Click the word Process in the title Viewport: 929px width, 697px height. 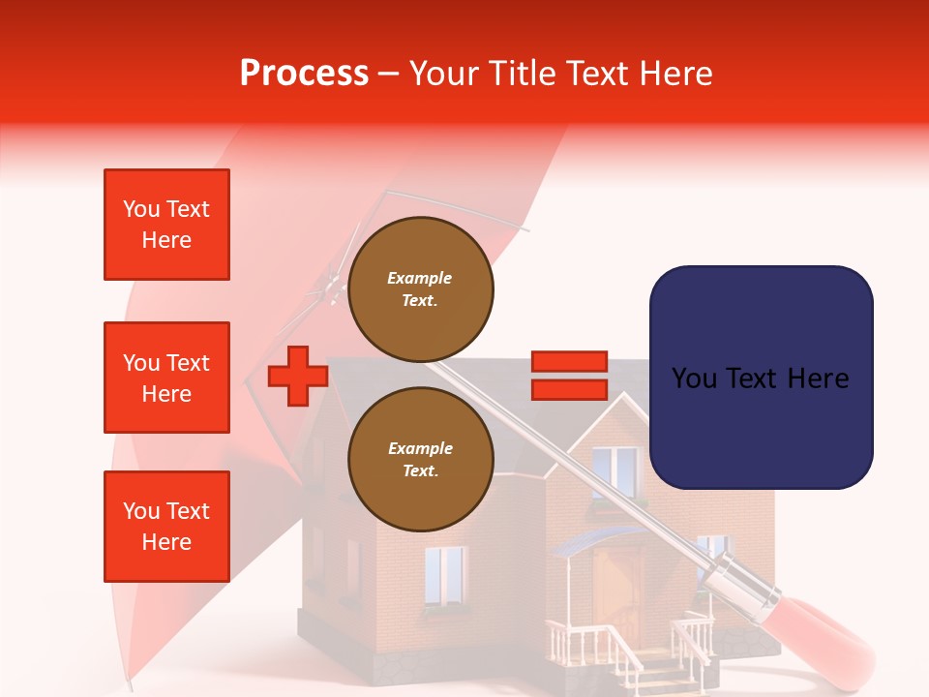tap(304, 73)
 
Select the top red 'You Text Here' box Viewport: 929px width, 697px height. tap(166, 225)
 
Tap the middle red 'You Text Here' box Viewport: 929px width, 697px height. tap(166, 378)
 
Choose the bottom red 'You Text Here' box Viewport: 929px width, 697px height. tap(166, 527)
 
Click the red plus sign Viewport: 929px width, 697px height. tap(297, 377)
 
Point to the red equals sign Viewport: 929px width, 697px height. tap(569, 376)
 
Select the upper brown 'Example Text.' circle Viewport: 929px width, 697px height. tap(420, 289)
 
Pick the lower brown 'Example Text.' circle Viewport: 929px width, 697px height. tap(420, 460)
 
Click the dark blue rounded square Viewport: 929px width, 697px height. tap(761, 378)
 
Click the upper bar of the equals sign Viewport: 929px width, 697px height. tap(569, 361)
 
